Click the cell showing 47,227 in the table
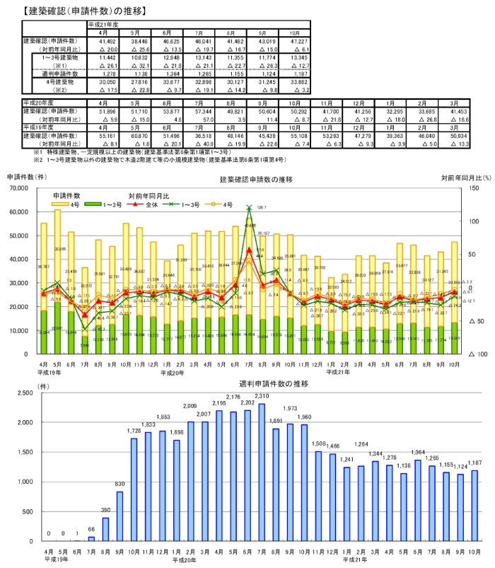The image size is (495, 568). pyautogui.click(x=291, y=43)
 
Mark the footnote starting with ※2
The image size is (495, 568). pyautogui.click(x=163, y=159)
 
